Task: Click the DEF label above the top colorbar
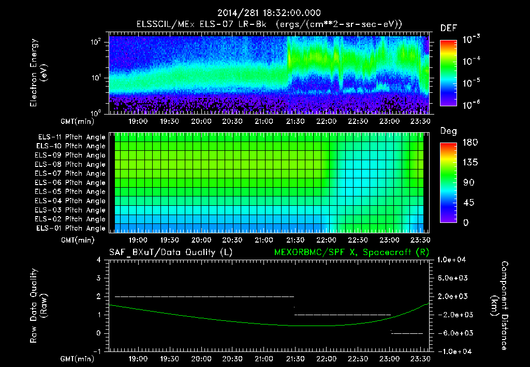(448, 28)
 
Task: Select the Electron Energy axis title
(38, 73)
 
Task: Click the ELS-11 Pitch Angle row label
(71, 137)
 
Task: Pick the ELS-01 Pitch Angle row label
(71, 228)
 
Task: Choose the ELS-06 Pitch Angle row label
(71, 182)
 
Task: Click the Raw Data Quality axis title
(38, 306)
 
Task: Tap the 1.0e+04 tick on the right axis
(452, 260)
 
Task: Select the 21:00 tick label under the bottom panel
(263, 358)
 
